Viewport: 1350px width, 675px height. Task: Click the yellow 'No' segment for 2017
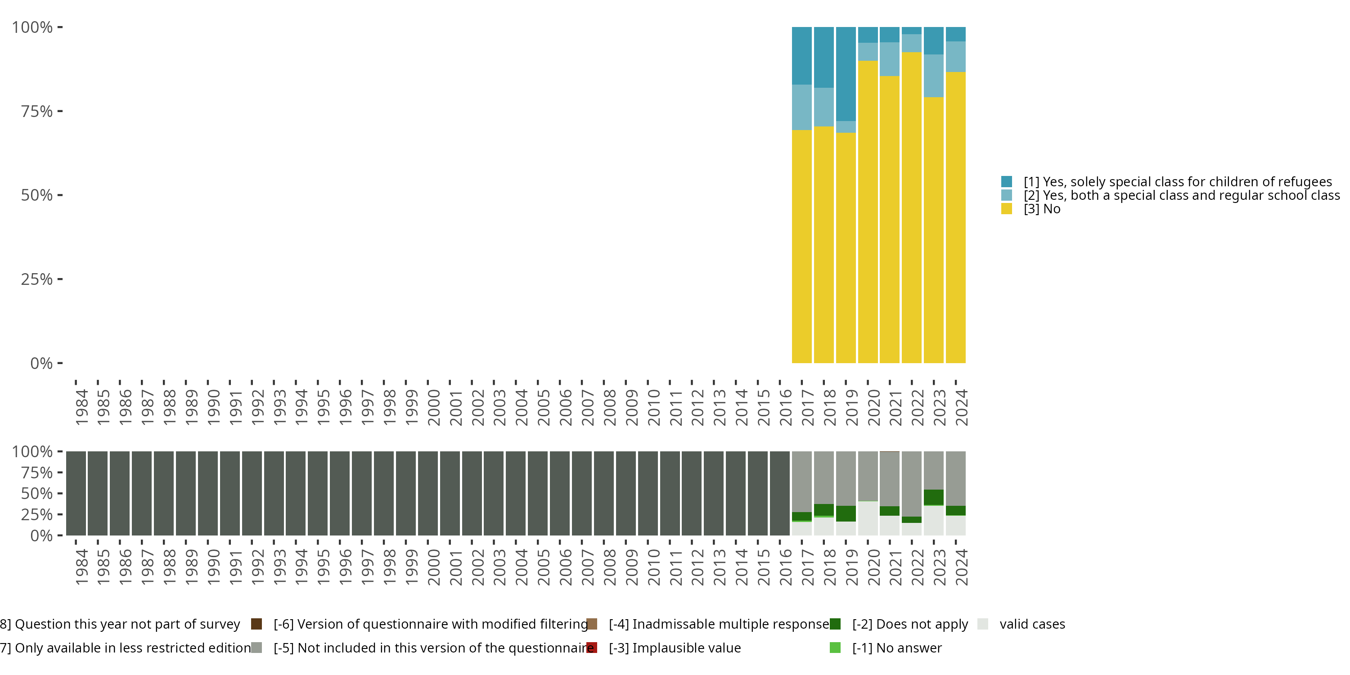click(x=801, y=246)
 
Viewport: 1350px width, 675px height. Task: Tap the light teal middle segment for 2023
click(x=933, y=76)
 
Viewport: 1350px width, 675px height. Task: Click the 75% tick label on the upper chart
click(x=37, y=111)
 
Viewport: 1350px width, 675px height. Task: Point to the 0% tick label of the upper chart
click(x=41, y=363)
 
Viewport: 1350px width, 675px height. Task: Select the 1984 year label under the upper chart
click(x=81, y=407)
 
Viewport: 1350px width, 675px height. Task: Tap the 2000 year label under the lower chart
click(x=433, y=567)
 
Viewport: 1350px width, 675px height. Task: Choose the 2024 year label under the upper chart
click(x=961, y=407)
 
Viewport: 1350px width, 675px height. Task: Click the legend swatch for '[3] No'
click(x=1006, y=209)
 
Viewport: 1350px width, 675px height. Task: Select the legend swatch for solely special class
click(x=1006, y=182)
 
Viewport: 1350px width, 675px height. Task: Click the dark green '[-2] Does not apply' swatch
click(x=835, y=624)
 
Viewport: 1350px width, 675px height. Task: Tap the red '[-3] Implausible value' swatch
click(x=592, y=648)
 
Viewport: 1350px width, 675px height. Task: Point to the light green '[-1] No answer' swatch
click(x=835, y=648)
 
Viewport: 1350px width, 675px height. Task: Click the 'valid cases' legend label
click(x=1032, y=624)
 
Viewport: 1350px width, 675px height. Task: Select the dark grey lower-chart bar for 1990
click(x=208, y=493)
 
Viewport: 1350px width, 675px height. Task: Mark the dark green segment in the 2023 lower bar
click(x=933, y=497)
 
